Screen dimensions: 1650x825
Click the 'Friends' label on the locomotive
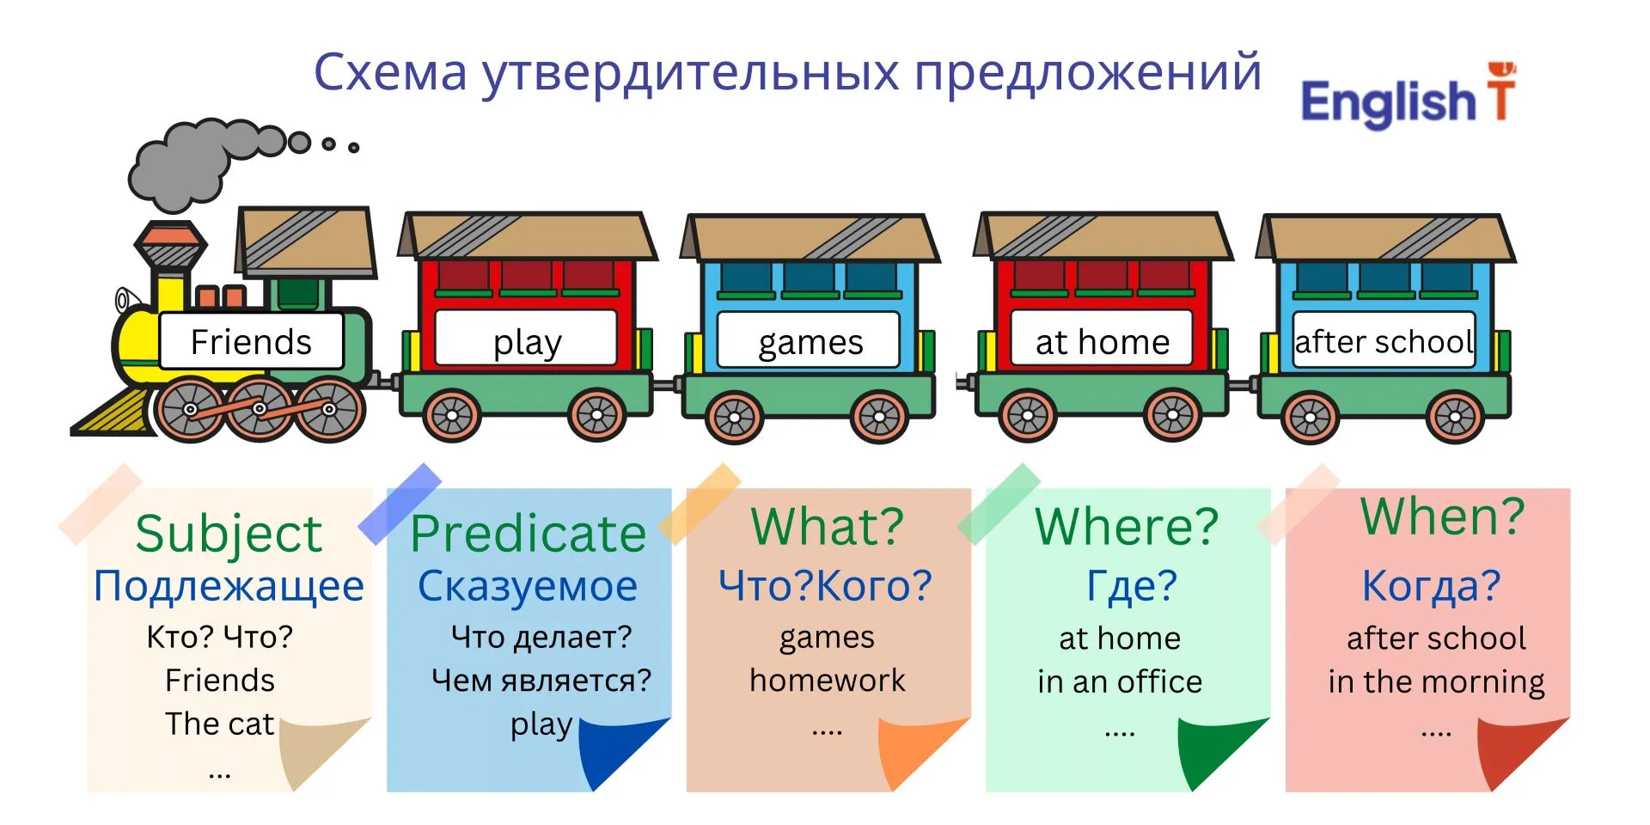(x=251, y=341)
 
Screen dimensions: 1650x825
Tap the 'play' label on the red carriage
(x=526, y=339)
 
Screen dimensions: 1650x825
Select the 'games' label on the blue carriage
(x=809, y=340)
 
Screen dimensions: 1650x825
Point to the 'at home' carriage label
(x=1102, y=339)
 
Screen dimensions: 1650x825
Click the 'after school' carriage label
(x=1384, y=340)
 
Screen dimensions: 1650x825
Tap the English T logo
(x=1409, y=96)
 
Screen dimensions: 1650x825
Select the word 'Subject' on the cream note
(x=229, y=534)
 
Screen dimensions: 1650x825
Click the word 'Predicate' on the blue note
(x=529, y=534)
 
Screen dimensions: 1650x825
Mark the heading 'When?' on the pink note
(x=1442, y=516)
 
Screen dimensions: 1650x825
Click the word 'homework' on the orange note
(x=827, y=680)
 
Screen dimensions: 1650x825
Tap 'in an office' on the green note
(x=1120, y=681)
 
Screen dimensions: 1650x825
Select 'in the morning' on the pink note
(x=1436, y=682)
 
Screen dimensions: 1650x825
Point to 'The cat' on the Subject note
(x=220, y=724)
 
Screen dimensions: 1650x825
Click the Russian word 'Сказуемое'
(x=528, y=586)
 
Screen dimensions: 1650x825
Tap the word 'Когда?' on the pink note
(x=1431, y=586)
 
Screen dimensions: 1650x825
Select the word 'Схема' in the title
(x=390, y=71)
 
